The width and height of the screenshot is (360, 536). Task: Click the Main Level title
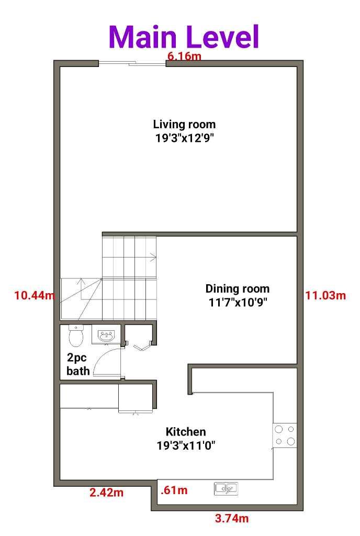(184, 37)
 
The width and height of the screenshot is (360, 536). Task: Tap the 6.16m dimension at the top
(184, 56)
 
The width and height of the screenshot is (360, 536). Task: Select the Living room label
(184, 125)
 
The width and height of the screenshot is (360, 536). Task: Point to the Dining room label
(237, 288)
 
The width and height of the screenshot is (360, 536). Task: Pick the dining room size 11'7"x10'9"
(237, 302)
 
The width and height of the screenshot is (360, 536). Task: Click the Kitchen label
(186, 432)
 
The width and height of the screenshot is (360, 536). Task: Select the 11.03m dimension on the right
(325, 295)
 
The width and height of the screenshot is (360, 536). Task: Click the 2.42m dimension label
(107, 493)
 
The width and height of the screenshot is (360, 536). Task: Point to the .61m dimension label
(174, 490)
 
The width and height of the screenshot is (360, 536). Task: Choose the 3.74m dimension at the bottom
(232, 519)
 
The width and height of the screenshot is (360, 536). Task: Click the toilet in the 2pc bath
(76, 336)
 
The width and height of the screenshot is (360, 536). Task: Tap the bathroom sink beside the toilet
(107, 336)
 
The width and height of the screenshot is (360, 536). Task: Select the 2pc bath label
(78, 365)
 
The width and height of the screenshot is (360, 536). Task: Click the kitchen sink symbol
(226, 488)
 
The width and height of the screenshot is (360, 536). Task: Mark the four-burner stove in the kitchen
(285, 435)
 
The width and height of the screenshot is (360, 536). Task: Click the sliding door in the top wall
(132, 64)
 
